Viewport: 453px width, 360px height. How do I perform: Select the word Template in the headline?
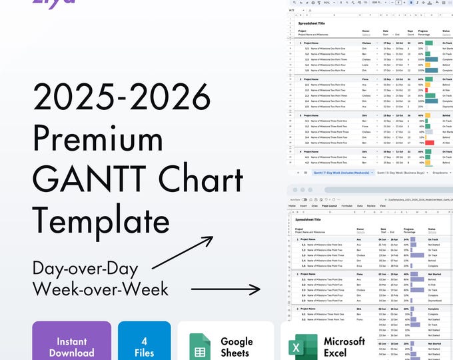tap(100, 221)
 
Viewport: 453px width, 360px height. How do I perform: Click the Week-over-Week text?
tap(100, 289)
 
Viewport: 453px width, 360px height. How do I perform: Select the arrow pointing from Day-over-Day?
tap(183, 253)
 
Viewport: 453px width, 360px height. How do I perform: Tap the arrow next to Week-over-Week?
tap(226, 289)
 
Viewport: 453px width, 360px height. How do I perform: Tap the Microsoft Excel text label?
tap(344, 347)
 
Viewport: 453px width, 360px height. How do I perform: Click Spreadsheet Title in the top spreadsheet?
tap(313, 23)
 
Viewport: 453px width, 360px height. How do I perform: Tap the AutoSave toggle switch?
tap(304, 199)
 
